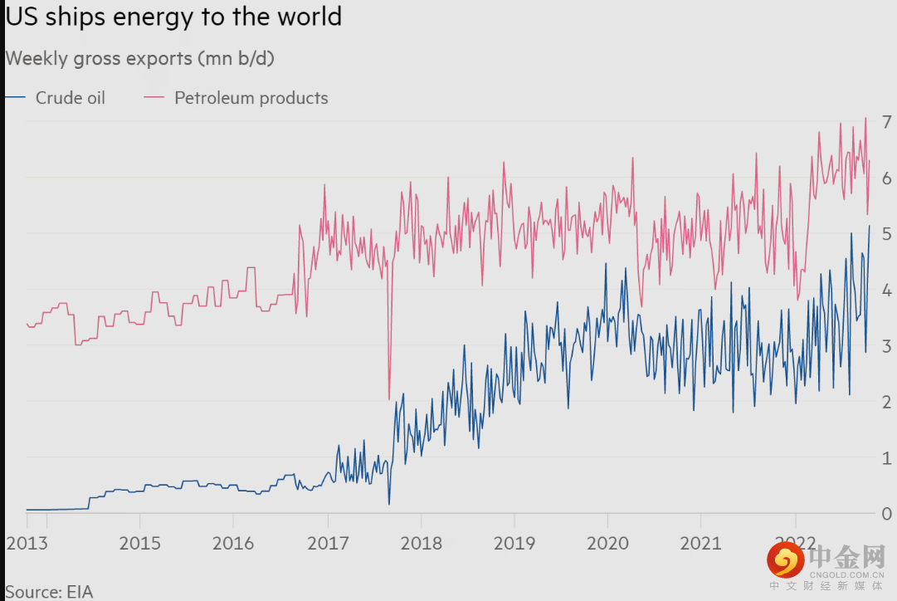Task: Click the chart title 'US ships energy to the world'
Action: click(x=173, y=17)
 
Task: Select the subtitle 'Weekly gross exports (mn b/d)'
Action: click(x=140, y=58)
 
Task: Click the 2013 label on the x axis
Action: click(x=27, y=545)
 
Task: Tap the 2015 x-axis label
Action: click(x=139, y=545)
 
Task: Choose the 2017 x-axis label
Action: click(x=327, y=545)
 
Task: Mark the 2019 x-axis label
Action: click(x=514, y=545)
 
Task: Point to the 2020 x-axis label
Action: click(x=607, y=545)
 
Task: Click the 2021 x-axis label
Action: click(x=700, y=545)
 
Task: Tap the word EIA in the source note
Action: click(x=80, y=592)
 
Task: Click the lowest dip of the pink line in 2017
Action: click(x=389, y=399)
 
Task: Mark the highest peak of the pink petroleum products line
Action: click(x=865, y=118)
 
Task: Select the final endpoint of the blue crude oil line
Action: click(x=870, y=226)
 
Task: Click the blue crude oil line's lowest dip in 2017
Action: click(x=389, y=504)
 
